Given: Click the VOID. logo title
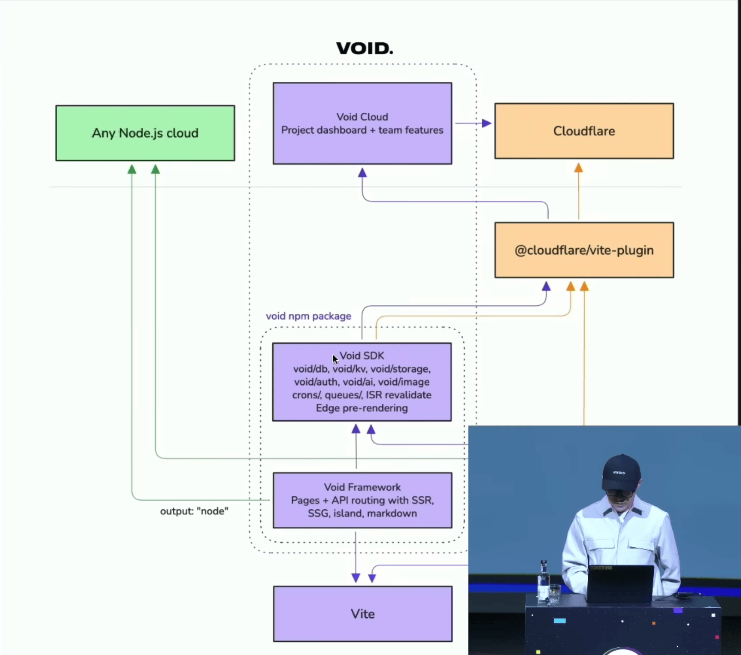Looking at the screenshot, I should click(365, 48).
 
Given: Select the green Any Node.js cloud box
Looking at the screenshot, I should click(145, 133).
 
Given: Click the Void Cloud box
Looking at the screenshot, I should click(362, 123).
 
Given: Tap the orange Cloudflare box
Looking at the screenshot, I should click(584, 131).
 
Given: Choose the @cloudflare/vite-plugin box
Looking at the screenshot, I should click(584, 250).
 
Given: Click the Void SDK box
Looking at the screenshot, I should click(362, 382).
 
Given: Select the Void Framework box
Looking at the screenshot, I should click(362, 500).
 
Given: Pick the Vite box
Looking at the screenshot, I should click(363, 614).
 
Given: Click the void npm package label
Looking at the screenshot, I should click(309, 316).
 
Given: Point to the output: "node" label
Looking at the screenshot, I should click(194, 511).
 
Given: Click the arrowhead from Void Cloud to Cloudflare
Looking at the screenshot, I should click(487, 123).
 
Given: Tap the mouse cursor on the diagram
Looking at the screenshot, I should click(335, 359).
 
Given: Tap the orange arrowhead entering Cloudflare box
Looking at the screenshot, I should click(578, 168).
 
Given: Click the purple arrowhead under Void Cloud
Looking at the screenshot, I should click(362, 173).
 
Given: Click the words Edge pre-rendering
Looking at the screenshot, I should click(362, 408).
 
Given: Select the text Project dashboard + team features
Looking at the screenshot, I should click(362, 130).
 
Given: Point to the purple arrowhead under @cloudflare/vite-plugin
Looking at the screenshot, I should click(546, 287).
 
